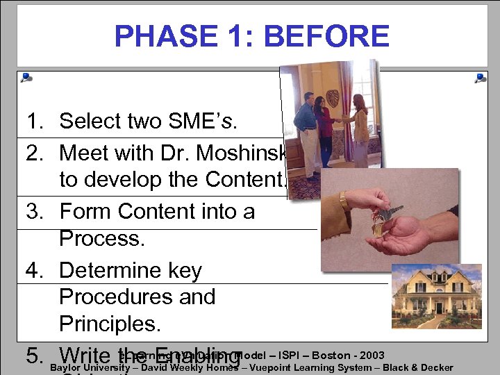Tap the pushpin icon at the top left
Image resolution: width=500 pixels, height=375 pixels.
pos(26,78)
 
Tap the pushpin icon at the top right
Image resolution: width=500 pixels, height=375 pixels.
pos(480,78)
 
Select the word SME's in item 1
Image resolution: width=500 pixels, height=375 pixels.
pos(209,122)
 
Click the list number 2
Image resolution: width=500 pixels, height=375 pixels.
pos(35,152)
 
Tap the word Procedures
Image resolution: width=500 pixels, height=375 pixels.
pos(137,297)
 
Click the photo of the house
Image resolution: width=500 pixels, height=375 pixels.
pos(436,297)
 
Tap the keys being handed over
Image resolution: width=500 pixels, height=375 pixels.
pos(385,213)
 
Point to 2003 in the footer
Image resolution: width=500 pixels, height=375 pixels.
pos(372,356)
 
